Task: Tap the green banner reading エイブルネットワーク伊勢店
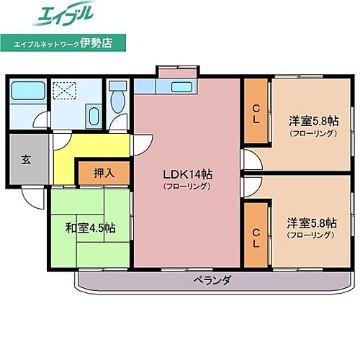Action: (x=63, y=43)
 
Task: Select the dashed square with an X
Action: (x=67, y=91)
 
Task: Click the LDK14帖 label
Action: (x=186, y=174)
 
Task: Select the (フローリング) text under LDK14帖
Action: (x=186, y=186)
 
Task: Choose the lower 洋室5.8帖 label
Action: (x=312, y=224)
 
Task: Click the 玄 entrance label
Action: (x=26, y=158)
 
